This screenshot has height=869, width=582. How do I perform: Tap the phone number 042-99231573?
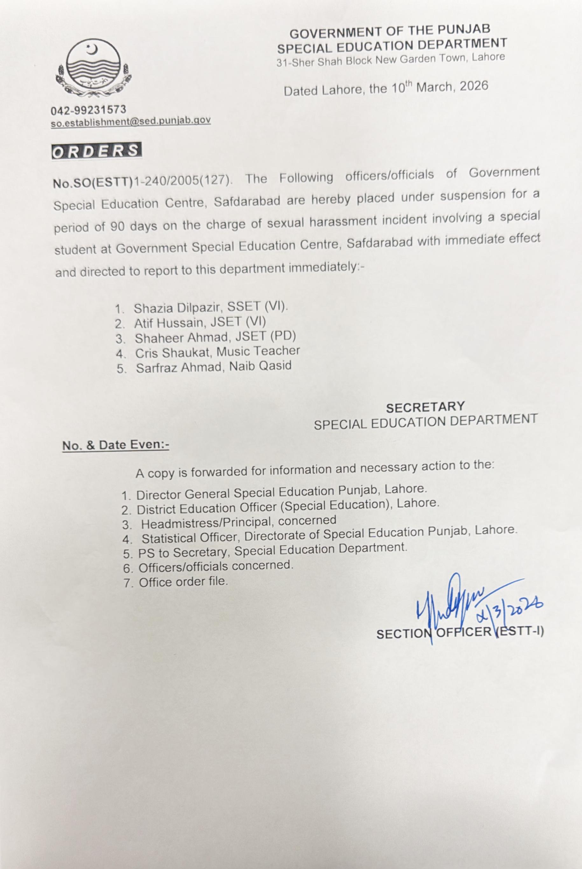point(88,110)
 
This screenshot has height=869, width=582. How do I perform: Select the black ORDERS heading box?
point(96,152)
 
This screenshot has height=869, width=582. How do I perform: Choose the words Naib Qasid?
point(260,367)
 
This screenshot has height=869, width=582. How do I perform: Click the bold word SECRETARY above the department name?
point(425,407)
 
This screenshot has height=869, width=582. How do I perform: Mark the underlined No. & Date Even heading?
point(116,445)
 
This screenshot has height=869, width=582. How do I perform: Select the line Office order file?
point(183,581)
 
